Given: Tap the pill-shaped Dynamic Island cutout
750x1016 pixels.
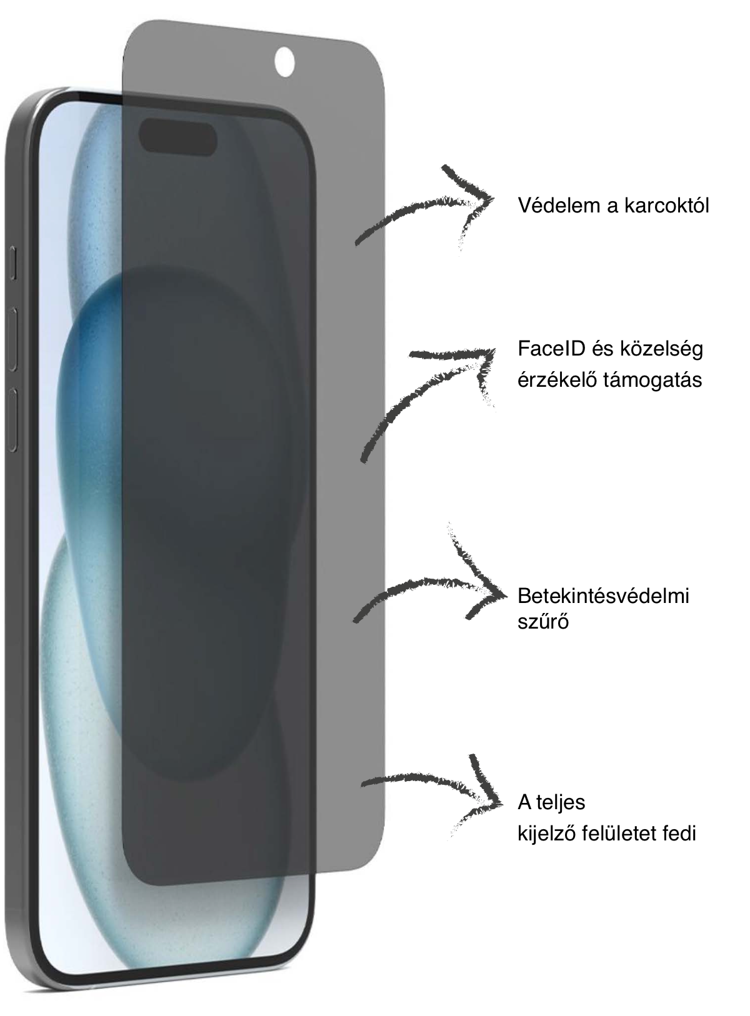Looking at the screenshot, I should [178, 137].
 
